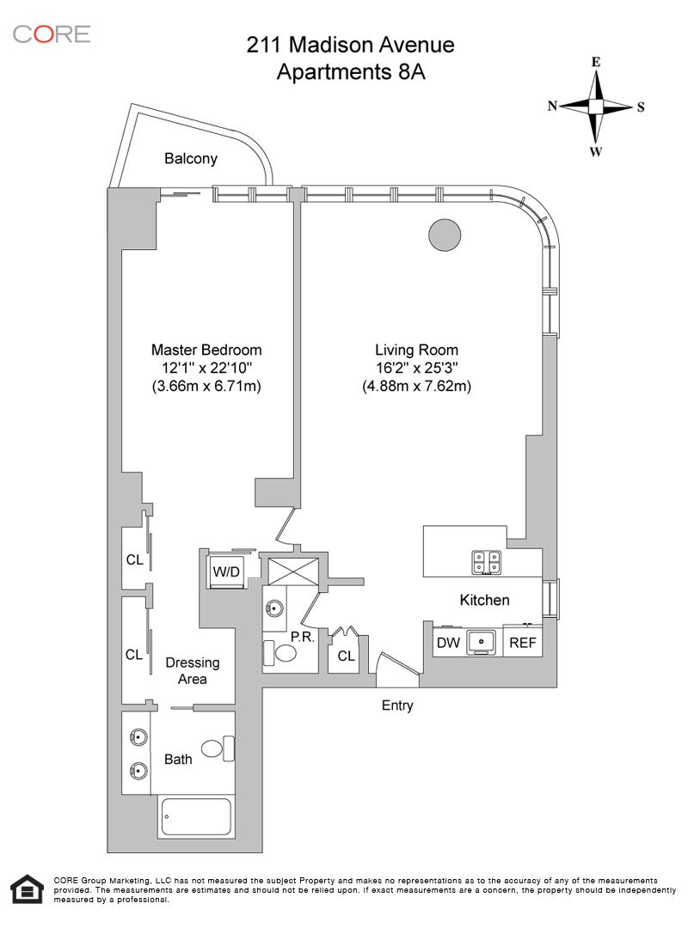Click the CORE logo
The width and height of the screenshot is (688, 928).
click(x=51, y=34)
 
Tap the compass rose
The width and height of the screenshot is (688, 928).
click(x=596, y=107)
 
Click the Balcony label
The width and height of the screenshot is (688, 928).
click(x=191, y=159)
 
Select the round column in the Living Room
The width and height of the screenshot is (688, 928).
click(x=444, y=234)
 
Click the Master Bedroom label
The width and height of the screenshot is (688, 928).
click(x=206, y=350)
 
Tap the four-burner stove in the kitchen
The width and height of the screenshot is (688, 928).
click(x=487, y=561)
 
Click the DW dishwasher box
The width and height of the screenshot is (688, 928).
click(x=448, y=642)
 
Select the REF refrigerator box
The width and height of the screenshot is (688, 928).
click(x=523, y=642)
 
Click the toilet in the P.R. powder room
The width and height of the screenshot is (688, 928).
click(x=279, y=653)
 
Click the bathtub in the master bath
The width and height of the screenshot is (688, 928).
click(x=195, y=817)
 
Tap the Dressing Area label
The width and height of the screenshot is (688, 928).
click(x=193, y=670)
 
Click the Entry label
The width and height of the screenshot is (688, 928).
click(x=397, y=705)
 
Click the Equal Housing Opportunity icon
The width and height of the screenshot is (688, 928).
click(x=26, y=890)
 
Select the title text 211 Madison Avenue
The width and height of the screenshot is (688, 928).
click(x=351, y=45)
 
